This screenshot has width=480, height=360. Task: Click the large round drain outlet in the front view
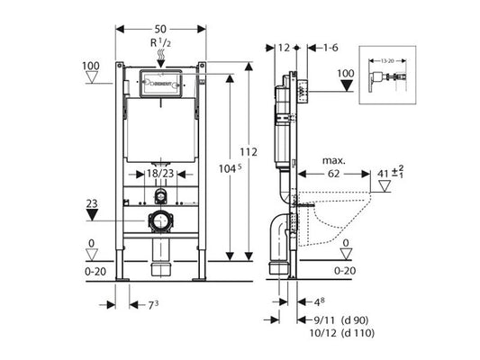(x=161, y=220)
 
